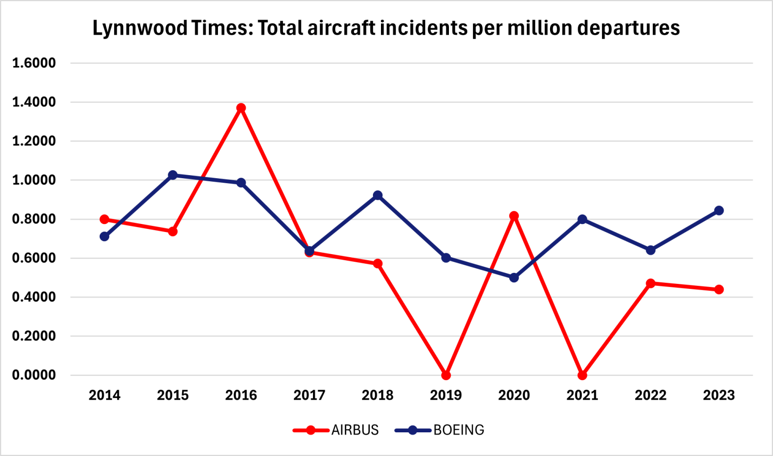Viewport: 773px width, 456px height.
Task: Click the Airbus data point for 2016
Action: point(241,108)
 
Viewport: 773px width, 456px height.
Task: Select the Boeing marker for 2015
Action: point(173,175)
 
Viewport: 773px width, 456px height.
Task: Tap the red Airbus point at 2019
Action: point(446,375)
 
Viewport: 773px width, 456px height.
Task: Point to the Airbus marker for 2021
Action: point(582,375)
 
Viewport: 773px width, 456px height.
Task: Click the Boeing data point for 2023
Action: point(719,210)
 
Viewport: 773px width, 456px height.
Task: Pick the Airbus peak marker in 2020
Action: point(514,216)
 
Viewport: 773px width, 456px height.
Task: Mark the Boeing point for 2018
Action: point(377,195)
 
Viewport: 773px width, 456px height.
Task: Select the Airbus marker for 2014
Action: point(105,219)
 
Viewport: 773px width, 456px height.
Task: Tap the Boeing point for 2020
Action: point(514,277)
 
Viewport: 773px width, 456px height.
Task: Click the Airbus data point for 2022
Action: point(650,283)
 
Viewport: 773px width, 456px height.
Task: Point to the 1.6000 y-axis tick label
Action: point(34,63)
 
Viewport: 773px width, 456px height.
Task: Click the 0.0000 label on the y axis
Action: point(34,375)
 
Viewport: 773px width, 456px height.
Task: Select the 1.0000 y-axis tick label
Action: point(34,180)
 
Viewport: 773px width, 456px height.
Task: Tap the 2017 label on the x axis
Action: point(309,396)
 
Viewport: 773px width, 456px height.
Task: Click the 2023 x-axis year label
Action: point(719,396)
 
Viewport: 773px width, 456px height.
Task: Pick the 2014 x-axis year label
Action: point(105,396)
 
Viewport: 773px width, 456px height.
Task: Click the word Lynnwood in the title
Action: point(140,28)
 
